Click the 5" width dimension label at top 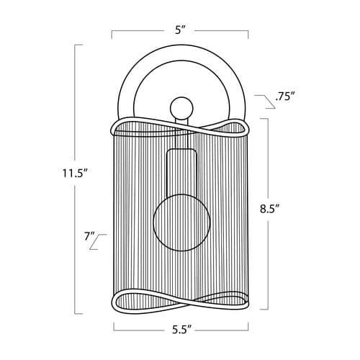click(181, 30)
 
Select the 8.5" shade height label click(270, 209)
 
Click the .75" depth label click(285, 97)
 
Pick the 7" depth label click(89, 236)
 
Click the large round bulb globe click(181, 222)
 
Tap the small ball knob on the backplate click(181, 108)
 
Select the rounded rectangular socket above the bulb click(181, 172)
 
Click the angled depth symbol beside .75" click(265, 102)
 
